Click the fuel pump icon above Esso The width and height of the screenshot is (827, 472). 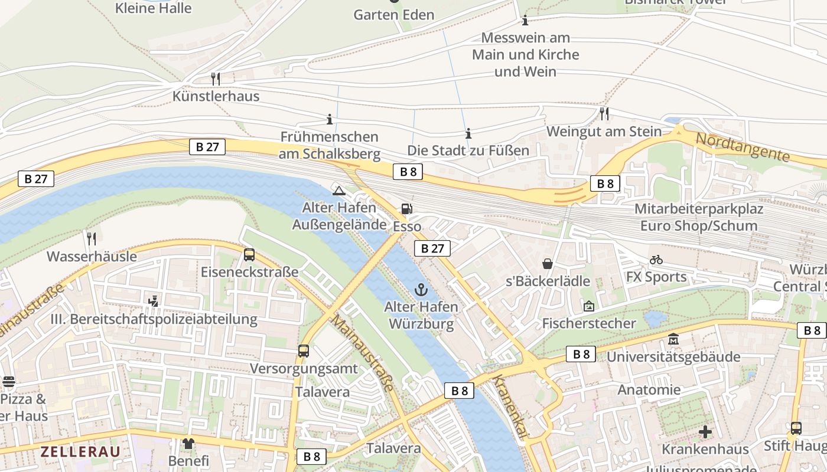tap(406, 209)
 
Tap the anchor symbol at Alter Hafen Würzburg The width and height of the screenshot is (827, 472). tap(421, 289)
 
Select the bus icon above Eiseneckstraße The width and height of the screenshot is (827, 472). tap(249, 255)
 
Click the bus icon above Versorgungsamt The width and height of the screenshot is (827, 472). tap(304, 351)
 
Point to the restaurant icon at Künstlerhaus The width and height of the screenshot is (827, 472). tap(216, 78)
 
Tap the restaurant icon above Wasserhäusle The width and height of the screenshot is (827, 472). tap(92, 238)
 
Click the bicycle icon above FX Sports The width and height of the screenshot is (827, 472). tap(656, 260)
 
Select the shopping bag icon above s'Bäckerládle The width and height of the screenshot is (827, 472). tap(548, 263)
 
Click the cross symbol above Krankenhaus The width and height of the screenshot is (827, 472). tap(705, 432)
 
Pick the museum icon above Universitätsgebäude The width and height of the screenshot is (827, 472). tap(673, 339)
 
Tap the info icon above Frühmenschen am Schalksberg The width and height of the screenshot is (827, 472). tap(330, 120)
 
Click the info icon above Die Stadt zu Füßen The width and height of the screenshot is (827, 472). tap(468, 133)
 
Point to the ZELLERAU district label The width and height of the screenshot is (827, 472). tap(80, 452)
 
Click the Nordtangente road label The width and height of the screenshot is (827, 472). tap(743, 147)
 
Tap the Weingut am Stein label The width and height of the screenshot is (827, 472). tap(604, 131)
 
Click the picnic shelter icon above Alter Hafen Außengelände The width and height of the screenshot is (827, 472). tap(338, 190)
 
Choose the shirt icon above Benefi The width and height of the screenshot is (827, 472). tap(188, 442)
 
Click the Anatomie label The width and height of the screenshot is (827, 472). tap(649, 390)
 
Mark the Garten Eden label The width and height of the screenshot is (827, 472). tap(393, 15)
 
